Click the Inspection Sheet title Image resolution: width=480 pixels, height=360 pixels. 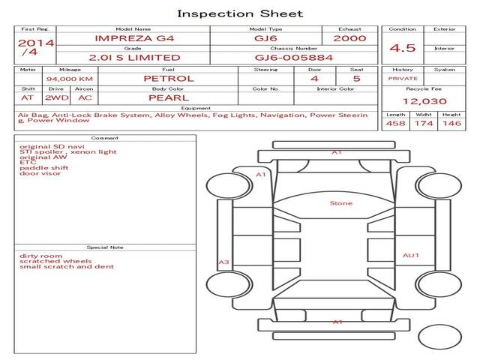[x=240, y=13]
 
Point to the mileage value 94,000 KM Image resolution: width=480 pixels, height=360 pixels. [x=69, y=79]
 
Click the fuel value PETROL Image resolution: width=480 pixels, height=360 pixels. [x=168, y=79]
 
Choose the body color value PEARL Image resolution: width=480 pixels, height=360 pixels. [x=168, y=97]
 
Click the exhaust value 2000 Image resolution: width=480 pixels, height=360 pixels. [x=349, y=38]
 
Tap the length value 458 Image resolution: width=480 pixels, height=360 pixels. [x=396, y=124]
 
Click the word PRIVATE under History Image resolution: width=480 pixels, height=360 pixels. [x=403, y=78]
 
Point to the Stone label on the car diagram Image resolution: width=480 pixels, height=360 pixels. [x=341, y=203]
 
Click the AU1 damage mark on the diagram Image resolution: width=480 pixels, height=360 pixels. [x=410, y=255]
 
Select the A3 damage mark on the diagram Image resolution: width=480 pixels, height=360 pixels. [x=223, y=262]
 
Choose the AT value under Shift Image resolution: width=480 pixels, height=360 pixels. [x=28, y=97]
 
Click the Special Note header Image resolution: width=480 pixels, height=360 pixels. [x=105, y=246]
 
